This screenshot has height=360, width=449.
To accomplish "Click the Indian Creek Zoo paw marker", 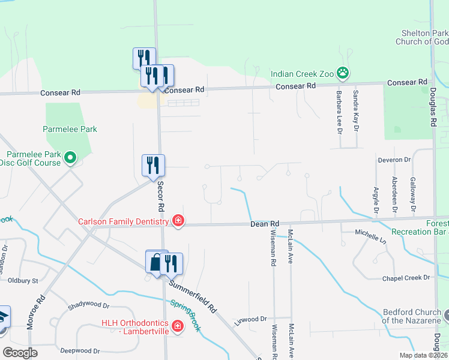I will pyautogui.click(x=343, y=73).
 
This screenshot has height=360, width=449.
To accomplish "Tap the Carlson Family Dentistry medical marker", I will pyautogui.click(x=178, y=221).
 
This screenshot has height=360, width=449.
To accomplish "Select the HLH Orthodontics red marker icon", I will pyautogui.click(x=177, y=326).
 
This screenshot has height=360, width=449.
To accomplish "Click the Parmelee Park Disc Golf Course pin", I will pyautogui.click(x=70, y=158).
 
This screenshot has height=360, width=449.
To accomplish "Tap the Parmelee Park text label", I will pyautogui.click(x=70, y=129).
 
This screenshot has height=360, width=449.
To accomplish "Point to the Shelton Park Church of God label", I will pyautogui.click(x=422, y=37).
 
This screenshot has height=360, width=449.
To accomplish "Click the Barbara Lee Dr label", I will pyautogui.click(x=339, y=112).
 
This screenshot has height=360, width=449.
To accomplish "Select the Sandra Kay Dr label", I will pyautogui.click(x=356, y=112).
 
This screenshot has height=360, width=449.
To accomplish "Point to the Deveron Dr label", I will pyautogui.click(x=394, y=160).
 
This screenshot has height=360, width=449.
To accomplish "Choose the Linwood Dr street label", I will pyautogui.click(x=250, y=319).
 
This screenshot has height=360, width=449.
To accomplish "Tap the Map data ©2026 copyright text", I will pyautogui.click(x=423, y=355).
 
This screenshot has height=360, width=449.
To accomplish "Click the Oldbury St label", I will pyautogui.click(x=23, y=280).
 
